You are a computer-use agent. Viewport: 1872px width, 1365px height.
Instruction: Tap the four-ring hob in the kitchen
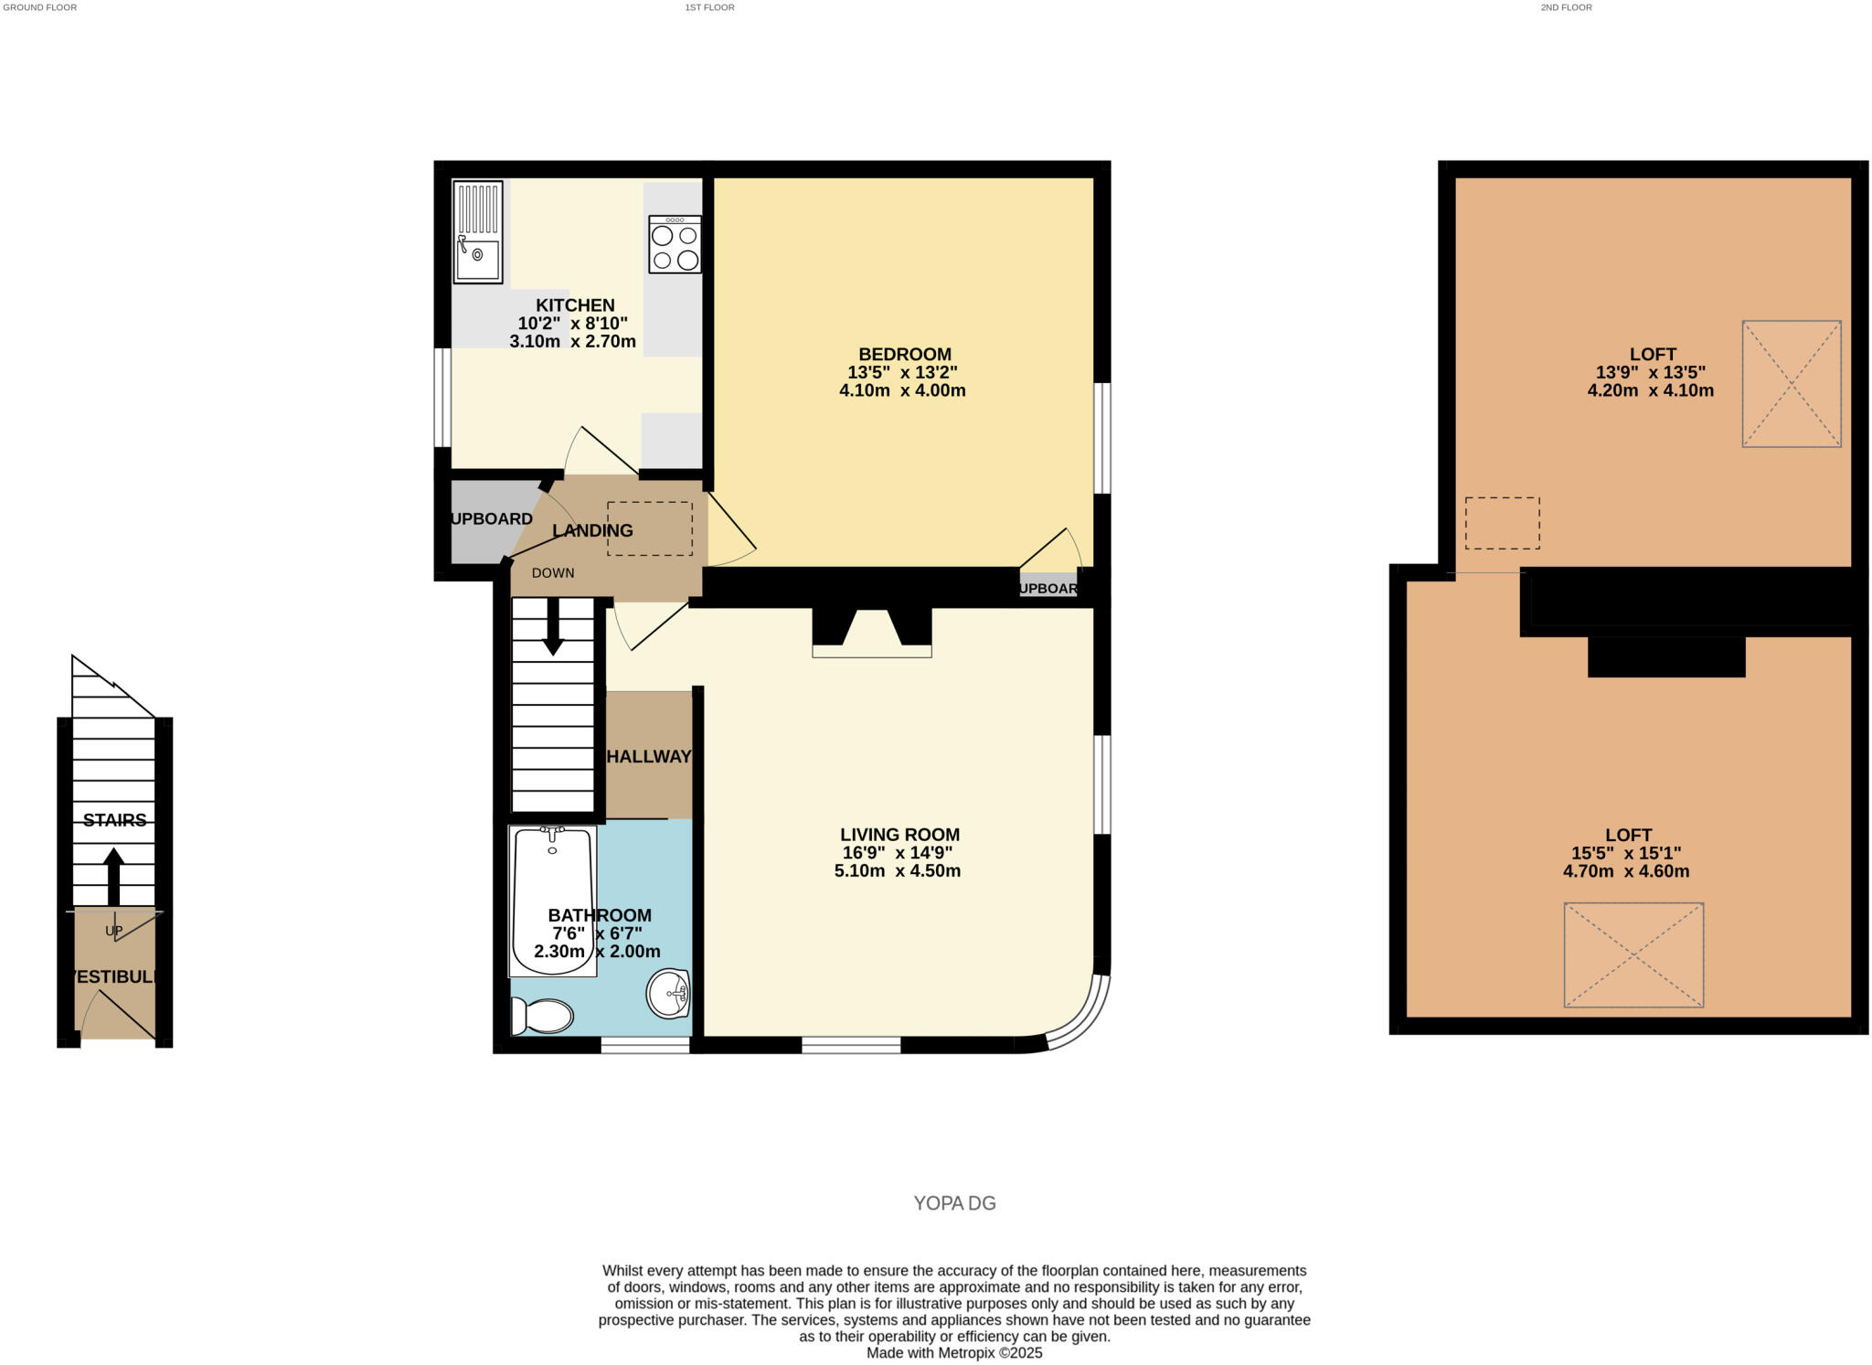(x=675, y=245)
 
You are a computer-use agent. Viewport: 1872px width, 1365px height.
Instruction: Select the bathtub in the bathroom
(x=553, y=901)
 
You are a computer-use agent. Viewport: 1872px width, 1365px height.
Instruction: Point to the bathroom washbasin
(x=668, y=993)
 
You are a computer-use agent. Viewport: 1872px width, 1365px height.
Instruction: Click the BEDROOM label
(x=904, y=354)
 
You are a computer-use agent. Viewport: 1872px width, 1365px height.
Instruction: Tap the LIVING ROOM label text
(x=899, y=834)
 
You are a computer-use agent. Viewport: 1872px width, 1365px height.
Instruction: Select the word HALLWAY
(x=649, y=756)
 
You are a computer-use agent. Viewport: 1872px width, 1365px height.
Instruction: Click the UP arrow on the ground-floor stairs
(x=113, y=876)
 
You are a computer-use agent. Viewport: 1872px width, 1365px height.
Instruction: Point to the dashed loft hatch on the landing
(x=650, y=528)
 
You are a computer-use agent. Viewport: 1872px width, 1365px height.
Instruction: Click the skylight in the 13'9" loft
(x=1791, y=383)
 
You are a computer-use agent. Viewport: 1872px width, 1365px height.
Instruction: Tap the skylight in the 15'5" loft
(x=1633, y=954)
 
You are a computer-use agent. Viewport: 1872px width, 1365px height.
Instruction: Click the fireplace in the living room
(x=872, y=633)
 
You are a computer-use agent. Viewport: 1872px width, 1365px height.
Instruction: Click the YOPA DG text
(x=954, y=1203)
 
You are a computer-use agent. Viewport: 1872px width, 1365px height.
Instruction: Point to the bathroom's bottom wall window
(x=644, y=1045)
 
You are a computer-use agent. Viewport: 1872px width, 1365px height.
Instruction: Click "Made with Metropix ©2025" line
(x=954, y=1352)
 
